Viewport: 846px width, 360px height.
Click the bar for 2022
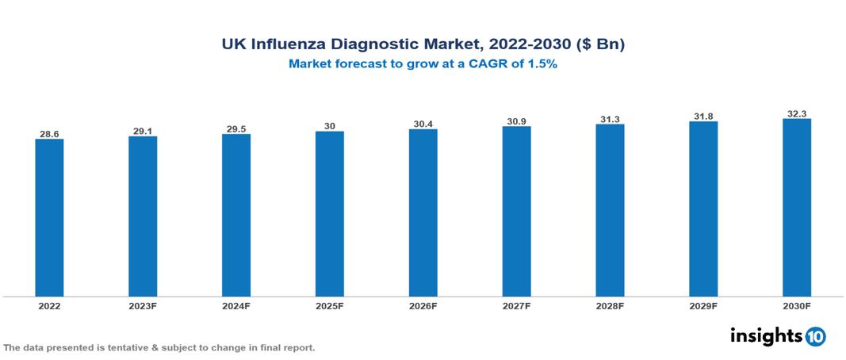pyautogui.click(x=49, y=218)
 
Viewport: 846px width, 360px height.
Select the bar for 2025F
pyautogui.click(x=330, y=214)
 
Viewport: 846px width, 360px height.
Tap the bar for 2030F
pyautogui.click(x=797, y=209)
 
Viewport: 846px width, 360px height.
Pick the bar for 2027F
pyautogui.click(x=516, y=212)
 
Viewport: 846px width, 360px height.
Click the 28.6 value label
pyautogui.click(x=49, y=134)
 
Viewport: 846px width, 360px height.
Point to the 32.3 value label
pyautogui.click(x=797, y=113)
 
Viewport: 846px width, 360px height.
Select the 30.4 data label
pyautogui.click(x=423, y=124)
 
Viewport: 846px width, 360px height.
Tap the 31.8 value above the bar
pyautogui.click(x=703, y=117)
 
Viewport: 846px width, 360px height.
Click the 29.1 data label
pyautogui.click(x=143, y=131)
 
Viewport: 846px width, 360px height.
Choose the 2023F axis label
pyautogui.click(x=143, y=306)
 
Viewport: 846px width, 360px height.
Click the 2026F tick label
pyautogui.click(x=423, y=306)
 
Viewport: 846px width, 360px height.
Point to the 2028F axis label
pyautogui.click(x=610, y=306)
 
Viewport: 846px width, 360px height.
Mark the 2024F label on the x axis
pyautogui.click(x=236, y=306)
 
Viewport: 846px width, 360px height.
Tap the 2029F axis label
pyautogui.click(x=703, y=306)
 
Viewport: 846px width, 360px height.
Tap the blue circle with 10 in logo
pyautogui.click(x=816, y=336)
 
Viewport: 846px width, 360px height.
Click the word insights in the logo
pyautogui.click(x=766, y=335)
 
